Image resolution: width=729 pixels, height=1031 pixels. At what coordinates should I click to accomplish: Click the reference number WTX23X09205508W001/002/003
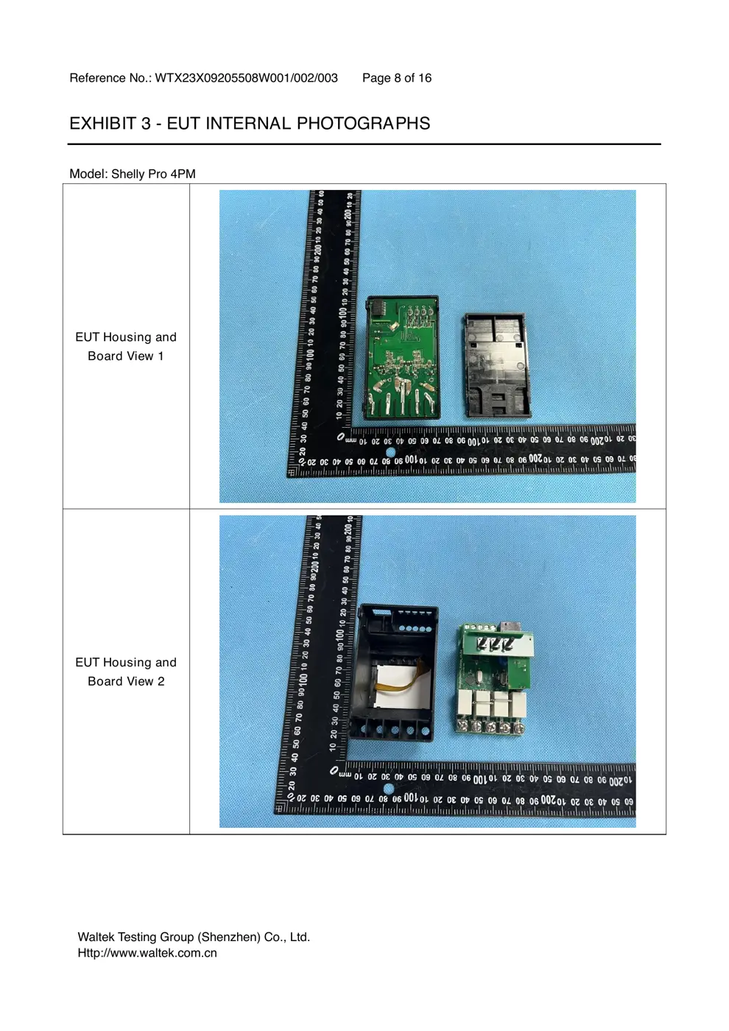[x=246, y=78]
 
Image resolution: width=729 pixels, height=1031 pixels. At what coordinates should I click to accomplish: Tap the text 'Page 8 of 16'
[x=397, y=78]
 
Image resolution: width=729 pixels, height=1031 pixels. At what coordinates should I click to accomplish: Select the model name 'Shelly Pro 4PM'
[x=153, y=174]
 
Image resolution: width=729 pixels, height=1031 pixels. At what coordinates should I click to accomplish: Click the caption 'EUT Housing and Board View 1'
[x=126, y=347]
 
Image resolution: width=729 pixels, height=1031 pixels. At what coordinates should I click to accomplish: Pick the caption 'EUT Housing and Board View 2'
[x=126, y=672]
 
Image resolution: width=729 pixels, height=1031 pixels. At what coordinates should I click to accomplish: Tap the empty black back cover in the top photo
[x=497, y=365]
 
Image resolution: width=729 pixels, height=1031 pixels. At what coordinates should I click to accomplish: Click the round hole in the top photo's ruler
[x=390, y=452]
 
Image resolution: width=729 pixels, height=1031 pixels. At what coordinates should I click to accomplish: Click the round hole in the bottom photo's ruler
[x=389, y=789]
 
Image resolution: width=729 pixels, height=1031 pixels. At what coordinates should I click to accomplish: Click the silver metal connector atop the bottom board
[x=504, y=627]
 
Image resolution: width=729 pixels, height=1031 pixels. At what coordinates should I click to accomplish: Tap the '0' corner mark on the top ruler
[x=341, y=436]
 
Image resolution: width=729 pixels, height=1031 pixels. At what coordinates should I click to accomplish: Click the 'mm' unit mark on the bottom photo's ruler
[x=345, y=775]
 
